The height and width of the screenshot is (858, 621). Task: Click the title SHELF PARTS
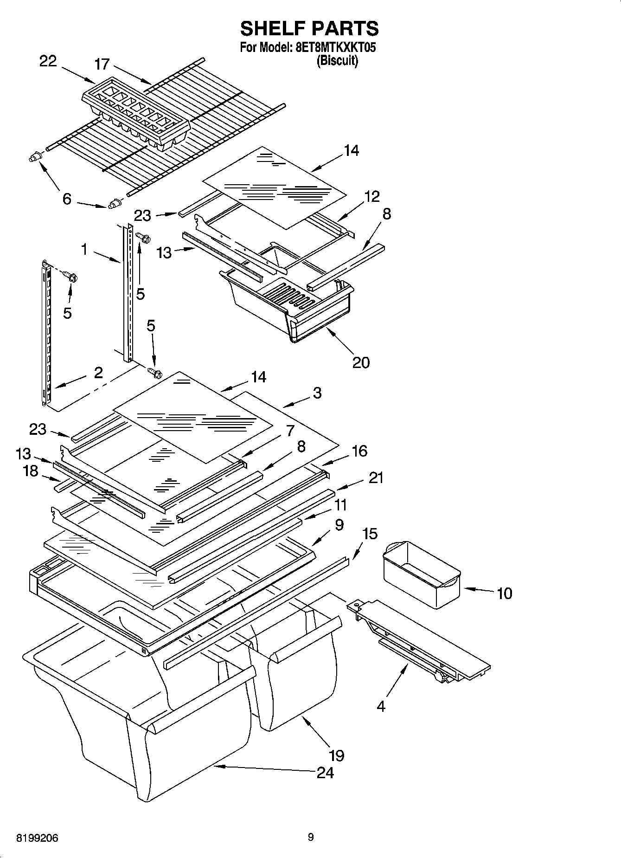(x=309, y=29)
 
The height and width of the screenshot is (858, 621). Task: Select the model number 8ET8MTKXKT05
(x=335, y=48)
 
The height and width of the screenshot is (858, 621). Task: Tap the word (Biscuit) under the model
(x=337, y=61)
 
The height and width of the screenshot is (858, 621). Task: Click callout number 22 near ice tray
(x=48, y=61)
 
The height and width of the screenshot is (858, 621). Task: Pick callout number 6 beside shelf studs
(x=67, y=199)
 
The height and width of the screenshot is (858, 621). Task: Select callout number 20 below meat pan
(x=361, y=362)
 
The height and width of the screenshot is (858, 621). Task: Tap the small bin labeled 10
(x=421, y=574)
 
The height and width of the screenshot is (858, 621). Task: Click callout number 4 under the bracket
(x=381, y=706)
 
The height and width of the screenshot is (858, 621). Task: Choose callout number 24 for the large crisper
(x=325, y=773)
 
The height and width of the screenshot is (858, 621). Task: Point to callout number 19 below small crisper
(x=337, y=755)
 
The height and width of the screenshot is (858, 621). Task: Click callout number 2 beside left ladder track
(x=98, y=373)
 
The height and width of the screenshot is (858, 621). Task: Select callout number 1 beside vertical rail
(x=84, y=250)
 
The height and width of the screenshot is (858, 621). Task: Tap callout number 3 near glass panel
(x=317, y=393)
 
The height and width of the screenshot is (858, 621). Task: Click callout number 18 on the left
(x=31, y=471)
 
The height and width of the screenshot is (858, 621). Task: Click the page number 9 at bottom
(x=310, y=837)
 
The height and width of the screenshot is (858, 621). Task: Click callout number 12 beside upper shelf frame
(x=372, y=196)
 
